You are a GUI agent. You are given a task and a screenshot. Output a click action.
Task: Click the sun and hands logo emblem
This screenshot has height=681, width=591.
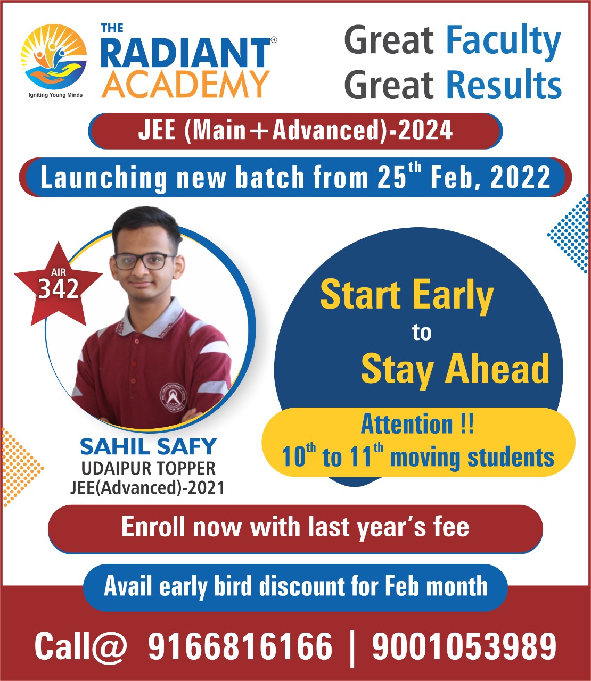[54, 56]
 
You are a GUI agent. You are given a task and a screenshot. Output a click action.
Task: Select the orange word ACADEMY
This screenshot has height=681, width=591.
[185, 85]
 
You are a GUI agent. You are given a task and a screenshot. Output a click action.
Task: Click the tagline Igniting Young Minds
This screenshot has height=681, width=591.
[55, 95]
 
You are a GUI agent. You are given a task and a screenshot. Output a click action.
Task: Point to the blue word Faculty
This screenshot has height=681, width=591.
[503, 41]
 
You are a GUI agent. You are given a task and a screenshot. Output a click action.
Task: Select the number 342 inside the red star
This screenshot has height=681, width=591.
[59, 288]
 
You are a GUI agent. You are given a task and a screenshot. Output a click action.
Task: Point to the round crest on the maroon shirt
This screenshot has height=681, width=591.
[173, 397]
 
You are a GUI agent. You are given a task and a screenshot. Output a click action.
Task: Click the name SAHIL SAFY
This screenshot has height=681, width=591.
[148, 447]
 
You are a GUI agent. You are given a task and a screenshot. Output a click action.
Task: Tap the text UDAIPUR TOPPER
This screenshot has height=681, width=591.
[149, 468]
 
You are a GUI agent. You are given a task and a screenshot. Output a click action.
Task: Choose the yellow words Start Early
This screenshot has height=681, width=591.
[407, 295]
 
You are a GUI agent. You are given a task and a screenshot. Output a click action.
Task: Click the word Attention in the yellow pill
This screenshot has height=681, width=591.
[407, 425]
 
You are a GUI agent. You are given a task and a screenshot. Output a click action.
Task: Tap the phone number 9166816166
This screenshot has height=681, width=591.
[240, 646]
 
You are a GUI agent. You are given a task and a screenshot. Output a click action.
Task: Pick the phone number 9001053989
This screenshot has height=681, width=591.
[464, 646]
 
